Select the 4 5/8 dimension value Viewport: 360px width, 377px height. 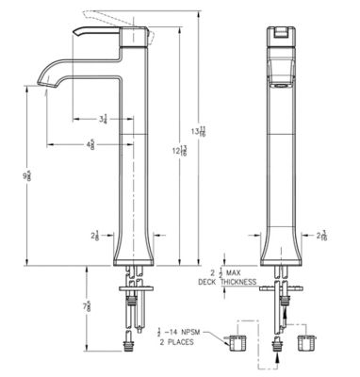click(90, 144)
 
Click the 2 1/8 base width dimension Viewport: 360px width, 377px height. click(96, 235)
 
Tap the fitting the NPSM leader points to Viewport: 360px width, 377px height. click(237, 339)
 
